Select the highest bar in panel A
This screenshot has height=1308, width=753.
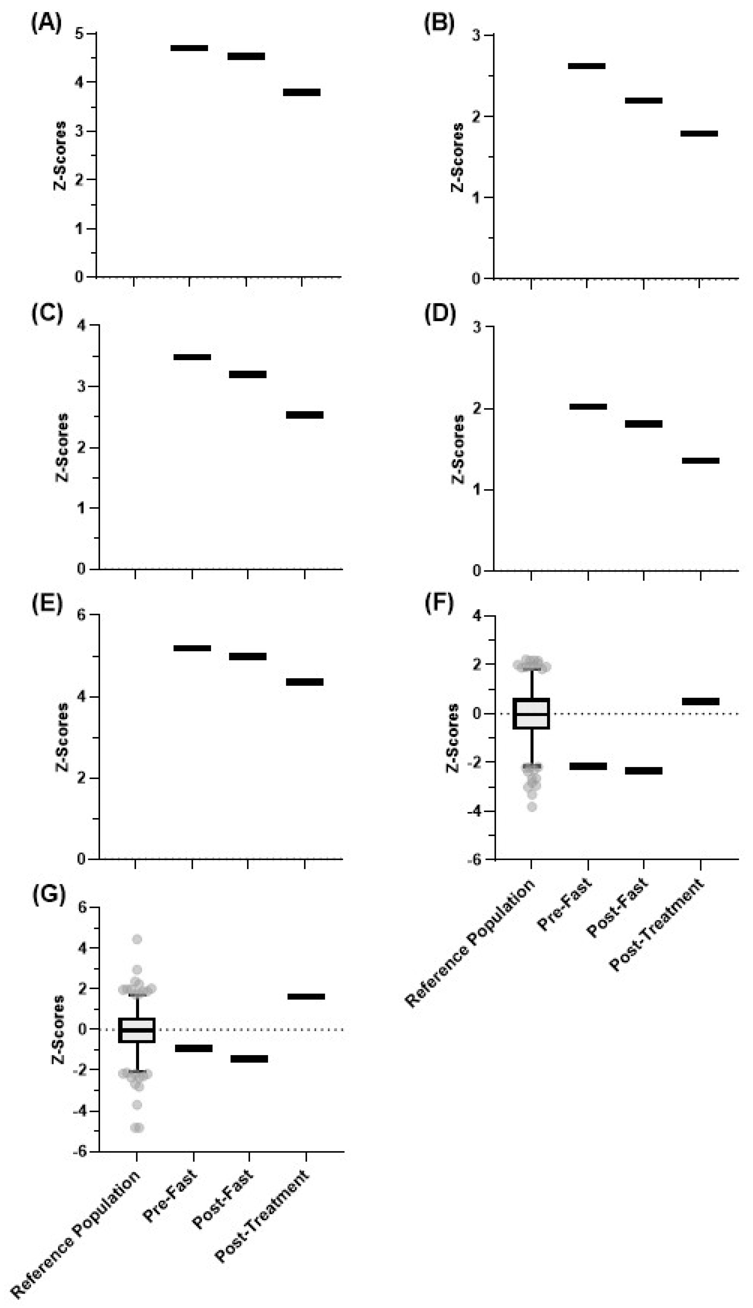coord(189,48)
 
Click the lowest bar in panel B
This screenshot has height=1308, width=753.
coord(699,133)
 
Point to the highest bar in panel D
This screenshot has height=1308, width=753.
coord(588,407)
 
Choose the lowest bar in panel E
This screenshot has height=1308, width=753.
coord(305,682)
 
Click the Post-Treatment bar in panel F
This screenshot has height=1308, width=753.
coord(700,701)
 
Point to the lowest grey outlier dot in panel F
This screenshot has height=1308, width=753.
coord(532,807)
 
